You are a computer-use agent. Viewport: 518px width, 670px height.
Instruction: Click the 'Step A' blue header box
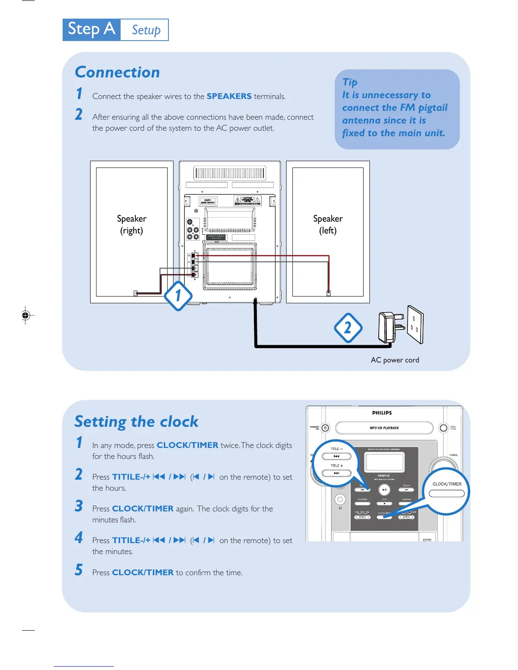[91, 30]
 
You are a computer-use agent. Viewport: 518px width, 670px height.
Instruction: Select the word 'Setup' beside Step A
[146, 30]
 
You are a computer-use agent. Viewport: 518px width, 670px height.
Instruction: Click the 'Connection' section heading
[117, 72]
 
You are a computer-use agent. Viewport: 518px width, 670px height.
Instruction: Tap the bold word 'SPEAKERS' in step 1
[229, 96]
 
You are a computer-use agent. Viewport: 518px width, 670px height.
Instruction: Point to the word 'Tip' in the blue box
[350, 82]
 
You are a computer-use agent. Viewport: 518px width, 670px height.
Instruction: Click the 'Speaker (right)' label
[132, 224]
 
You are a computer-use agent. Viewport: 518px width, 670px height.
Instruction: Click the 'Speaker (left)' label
[328, 224]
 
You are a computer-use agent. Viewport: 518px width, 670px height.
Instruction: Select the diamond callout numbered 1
[178, 296]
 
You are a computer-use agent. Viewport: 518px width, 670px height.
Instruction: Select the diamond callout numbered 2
[348, 328]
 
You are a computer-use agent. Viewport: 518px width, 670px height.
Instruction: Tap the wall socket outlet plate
[415, 325]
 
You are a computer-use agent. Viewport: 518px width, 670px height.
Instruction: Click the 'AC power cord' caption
[395, 360]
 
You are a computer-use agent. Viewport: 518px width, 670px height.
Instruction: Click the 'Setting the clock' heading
[136, 422]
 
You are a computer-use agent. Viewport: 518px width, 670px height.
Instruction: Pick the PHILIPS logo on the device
[382, 413]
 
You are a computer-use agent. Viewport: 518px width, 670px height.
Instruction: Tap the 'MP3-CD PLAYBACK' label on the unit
[384, 428]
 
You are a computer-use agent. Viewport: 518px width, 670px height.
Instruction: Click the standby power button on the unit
[325, 428]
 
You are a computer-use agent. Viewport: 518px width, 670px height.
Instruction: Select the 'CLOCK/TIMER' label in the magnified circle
[447, 484]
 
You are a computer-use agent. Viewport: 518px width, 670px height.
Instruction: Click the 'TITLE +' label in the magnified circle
[337, 466]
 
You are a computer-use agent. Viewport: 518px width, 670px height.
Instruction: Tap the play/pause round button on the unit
[384, 490]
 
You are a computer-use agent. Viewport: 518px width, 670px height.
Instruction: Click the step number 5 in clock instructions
[79, 570]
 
